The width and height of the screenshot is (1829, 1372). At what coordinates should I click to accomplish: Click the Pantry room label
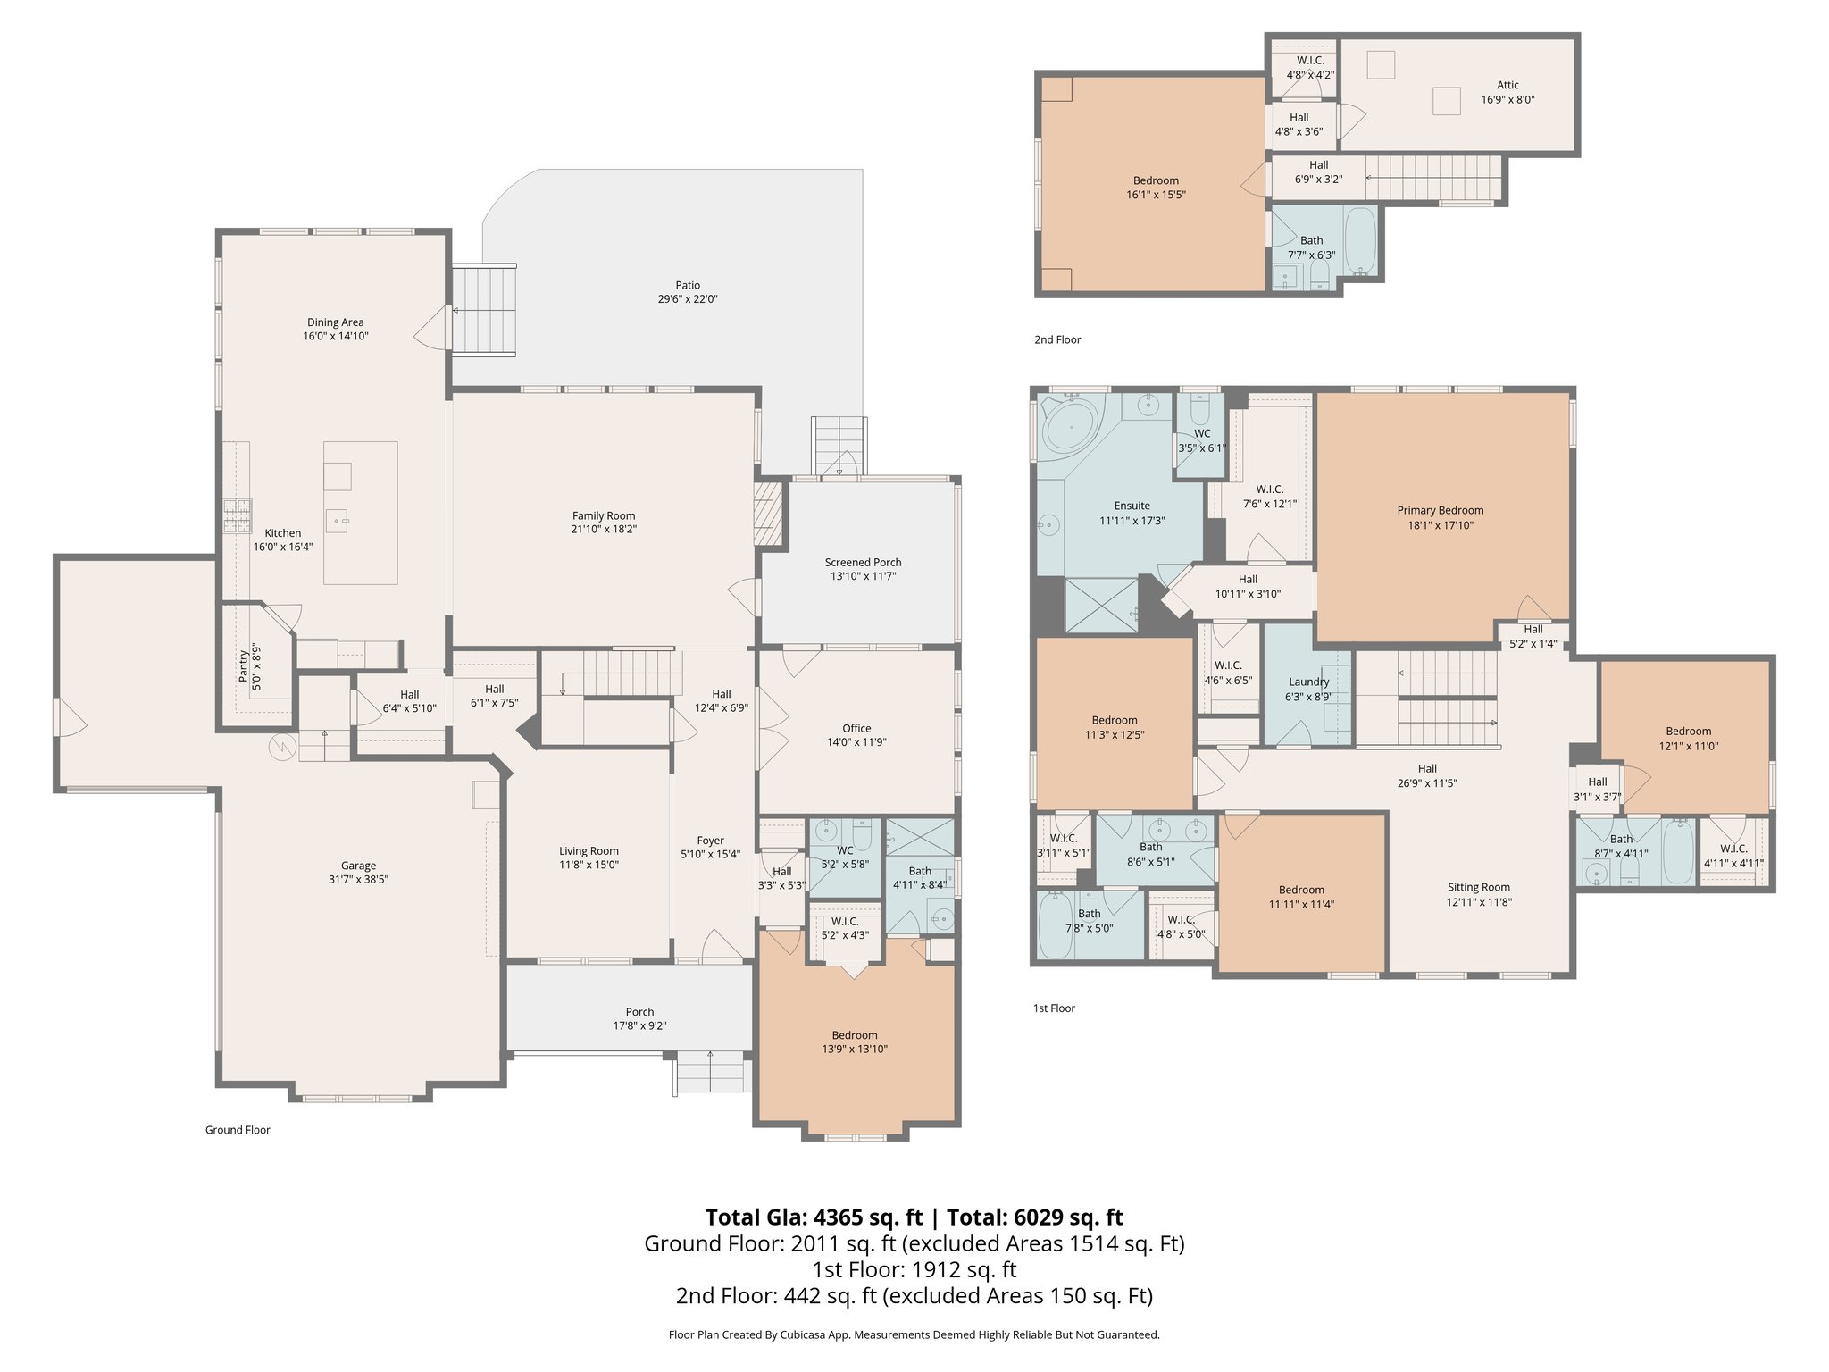pos(244,665)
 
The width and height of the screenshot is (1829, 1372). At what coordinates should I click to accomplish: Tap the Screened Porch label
pos(863,562)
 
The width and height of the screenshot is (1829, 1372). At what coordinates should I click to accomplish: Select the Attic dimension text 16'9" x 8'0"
pos(1507,100)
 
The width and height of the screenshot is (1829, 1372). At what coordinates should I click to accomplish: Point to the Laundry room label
pos(1308,682)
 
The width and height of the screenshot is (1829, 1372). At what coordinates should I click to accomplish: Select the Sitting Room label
pos(1478,887)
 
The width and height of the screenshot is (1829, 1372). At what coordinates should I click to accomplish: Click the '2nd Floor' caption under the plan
pos(1057,339)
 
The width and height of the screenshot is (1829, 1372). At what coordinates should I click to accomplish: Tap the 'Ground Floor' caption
pos(238,1129)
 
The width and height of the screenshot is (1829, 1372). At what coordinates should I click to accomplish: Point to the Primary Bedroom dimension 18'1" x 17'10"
pos(1440,525)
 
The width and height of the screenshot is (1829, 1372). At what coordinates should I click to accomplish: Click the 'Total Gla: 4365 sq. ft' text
pos(813,1217)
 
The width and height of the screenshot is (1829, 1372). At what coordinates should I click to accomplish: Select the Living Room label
pos(589,850)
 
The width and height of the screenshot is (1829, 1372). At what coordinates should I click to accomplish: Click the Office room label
pos(856,728)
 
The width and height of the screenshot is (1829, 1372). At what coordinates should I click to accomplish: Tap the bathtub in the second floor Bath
pos(1361,240)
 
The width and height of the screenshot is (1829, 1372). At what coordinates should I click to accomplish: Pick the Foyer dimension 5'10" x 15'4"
pos(711,855)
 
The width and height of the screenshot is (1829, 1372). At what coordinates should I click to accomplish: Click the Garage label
pos(358,865)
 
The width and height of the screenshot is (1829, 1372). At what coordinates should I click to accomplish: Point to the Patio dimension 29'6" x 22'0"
pos(687,299)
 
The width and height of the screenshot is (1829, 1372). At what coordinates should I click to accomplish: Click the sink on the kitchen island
pos(338,518)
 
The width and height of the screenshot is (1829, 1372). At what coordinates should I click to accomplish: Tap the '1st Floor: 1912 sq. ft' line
pos(914,1269)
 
